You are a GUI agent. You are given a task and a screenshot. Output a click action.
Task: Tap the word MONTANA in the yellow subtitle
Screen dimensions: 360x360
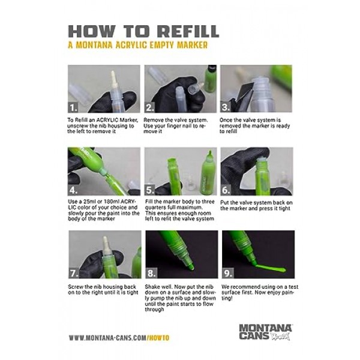click(x=94, y=45)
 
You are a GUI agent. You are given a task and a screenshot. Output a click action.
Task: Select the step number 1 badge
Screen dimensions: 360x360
click(x=73, y=107)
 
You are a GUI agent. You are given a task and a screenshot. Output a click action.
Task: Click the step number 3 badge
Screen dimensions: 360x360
click(x=226, y=107)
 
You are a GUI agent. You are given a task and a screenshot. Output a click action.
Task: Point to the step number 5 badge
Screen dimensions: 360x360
click(x=149, y=190)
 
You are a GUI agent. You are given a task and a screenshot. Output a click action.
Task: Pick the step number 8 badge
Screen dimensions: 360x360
click(x=151, y=273)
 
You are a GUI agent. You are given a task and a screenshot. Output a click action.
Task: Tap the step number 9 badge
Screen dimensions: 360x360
click(x=227, y=273)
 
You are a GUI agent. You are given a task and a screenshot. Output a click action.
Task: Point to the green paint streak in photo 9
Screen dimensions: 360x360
click(x=271, y=268)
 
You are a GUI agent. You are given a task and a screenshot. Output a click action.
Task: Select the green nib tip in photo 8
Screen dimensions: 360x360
click(x=191, y=266)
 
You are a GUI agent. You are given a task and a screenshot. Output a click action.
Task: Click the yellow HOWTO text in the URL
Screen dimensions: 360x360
click(x=159, y=338)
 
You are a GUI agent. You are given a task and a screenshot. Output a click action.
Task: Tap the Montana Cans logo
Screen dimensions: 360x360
click(x=265, y=332)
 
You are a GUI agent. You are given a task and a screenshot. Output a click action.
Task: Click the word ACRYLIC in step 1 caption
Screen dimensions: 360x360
click(x=107, y=120)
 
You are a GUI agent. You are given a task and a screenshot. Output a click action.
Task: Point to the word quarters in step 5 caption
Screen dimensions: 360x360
click(x=155, y=208)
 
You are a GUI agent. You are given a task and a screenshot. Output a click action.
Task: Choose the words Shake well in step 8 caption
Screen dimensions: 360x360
click(x=158, y=287)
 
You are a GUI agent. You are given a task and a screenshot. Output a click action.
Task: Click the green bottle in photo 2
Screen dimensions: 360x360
click(x=211, y=79)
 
